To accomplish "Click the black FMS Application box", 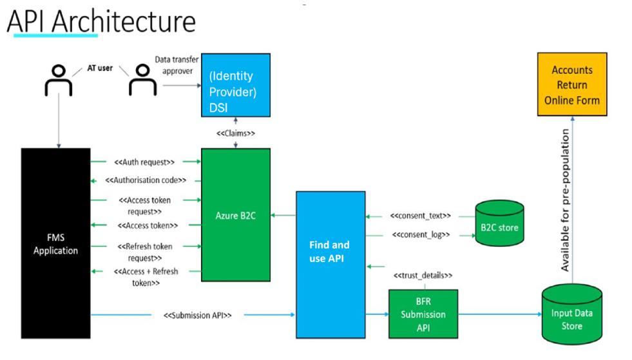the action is [x=55, y=243].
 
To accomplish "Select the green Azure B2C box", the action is [x=236, y=215].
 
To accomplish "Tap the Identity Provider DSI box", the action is [x=236, y=85].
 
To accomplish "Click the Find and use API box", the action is [x=331, y=265].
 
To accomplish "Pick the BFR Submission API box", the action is [x=423, y=314].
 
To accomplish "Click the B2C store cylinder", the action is [x=499, y=223].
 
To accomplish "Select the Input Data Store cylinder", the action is [x=572, y=314].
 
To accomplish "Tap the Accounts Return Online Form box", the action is [x=572, y=84].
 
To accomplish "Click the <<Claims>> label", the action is [x=236, y=133].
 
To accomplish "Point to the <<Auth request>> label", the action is [x=144, y=162].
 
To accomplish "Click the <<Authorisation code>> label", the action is [x=146, y=180].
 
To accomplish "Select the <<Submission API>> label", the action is [x=198, y=316].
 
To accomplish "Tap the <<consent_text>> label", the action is [x=421, y=216].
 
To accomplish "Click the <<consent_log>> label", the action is [x=421, y=234].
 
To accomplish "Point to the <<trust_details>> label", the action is [x=423, y=276].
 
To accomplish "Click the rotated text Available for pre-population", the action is [x=565, y=200].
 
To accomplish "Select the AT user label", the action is [x=100, y=68].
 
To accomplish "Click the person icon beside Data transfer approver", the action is [x=142, y=81].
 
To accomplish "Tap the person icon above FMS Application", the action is [x=59, y=81].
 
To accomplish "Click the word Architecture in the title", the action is [x=124, y=21].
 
